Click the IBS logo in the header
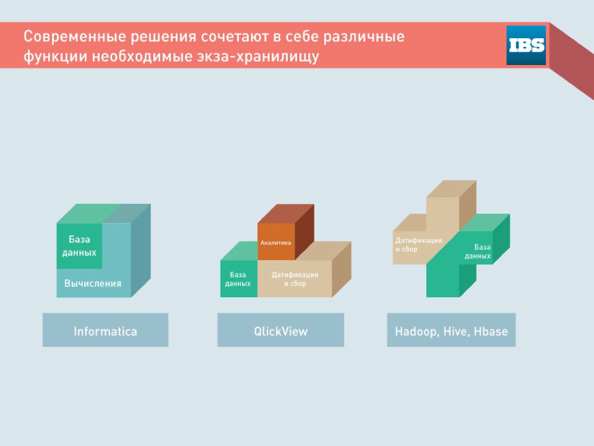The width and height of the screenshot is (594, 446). pos(526,45)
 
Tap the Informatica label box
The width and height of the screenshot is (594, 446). pos(106,330)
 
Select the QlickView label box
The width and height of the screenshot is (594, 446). pos(281,330)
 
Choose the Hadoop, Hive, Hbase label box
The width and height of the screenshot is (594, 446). pos(451,330)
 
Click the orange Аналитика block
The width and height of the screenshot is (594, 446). pos(276,242)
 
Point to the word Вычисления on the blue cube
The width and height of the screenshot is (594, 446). pos(93,283)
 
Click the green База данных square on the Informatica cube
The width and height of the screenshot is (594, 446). pos(79,246)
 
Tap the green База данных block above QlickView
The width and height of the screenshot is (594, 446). pos(238,278)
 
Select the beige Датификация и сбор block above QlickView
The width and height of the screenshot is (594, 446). pos(295,278)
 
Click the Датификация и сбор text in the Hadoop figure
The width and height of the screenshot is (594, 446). pos(419,244)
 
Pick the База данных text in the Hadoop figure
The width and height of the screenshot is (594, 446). pos(478,251)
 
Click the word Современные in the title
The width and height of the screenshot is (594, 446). pos(75,37)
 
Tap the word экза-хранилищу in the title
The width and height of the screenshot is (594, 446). pos(258,56)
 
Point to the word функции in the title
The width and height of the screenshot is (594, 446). pos(55,56)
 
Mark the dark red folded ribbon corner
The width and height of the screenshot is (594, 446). pos(571,60)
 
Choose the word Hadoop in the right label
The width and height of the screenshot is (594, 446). pos(417,332)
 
